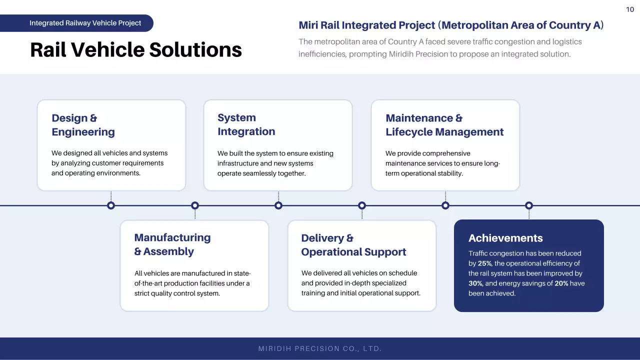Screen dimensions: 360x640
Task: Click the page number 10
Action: click(x=630, y=9)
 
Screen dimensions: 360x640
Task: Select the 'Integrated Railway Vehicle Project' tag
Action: click(x=85, y=23)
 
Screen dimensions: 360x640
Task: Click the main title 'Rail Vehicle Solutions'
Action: click(x=136, y=50)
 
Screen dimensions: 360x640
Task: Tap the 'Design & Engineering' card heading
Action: click(x=83, y=125)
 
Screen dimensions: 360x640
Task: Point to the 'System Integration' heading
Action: click(x=246, y=124)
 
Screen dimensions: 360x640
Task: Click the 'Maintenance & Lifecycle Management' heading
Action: click(x=444, y=125)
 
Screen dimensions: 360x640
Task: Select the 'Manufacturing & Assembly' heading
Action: click(x=172, y=244)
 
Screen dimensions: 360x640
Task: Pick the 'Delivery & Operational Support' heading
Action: click(x=353, y=245)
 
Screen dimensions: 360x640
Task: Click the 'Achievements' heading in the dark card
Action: click(x=505, y=238)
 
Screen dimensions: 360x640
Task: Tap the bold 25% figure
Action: click(x=484, y=263)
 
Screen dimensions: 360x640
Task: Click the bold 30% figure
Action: click(x=475, y=283)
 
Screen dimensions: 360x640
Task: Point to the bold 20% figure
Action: click(x=562, y=283)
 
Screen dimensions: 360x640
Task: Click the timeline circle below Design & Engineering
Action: click(x=111, y=205)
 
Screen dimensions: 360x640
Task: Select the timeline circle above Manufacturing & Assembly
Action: click(x=195, y=205)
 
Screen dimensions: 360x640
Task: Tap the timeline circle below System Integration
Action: click(x=278, y=205)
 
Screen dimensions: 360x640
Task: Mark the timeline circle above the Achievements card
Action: click(x=529, y=205)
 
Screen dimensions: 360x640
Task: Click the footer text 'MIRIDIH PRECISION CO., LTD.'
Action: click(x=320, y=348)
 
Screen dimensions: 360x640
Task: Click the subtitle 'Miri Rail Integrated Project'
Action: click(x=366, y=25)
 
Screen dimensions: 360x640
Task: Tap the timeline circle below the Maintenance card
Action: click(x=445, y=205)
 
